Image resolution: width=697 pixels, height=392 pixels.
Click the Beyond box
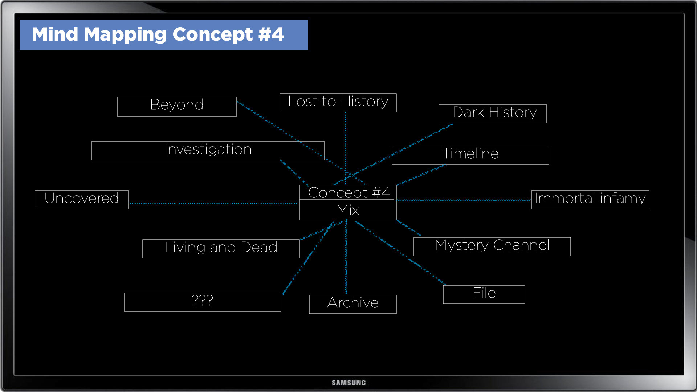(x=177, y=106)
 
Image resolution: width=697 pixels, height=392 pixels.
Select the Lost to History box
(x=338, y=103)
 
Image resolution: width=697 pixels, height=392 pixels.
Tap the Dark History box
(x=493, y=114)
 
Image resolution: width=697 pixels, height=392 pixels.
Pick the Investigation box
(x=208, y=151)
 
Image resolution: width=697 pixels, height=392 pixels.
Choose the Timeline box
(x=470, y=155)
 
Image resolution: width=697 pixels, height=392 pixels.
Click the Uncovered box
(x=82, y=200)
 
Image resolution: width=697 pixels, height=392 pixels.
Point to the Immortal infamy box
(x=590, y=200)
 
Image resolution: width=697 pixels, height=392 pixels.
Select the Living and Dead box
(x=221, y=249)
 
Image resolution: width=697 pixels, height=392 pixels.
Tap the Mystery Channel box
(x=492, y=246)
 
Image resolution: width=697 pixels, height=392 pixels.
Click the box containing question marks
(x=202, y=302)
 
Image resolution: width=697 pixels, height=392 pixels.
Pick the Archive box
(x=352, y=304)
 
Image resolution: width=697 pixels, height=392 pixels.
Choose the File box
(x=484, y=294)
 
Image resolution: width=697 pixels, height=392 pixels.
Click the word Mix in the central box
(x=348, y=210)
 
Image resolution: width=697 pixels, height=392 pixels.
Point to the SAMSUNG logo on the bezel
(x=348, y=383)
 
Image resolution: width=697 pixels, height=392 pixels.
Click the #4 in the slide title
(x=271, y=34)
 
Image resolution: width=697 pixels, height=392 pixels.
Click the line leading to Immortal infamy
(x=464, y=200)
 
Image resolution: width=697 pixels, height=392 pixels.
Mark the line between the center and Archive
(x=346, y=258)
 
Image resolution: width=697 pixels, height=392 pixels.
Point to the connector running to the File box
(x=399, y=252)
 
